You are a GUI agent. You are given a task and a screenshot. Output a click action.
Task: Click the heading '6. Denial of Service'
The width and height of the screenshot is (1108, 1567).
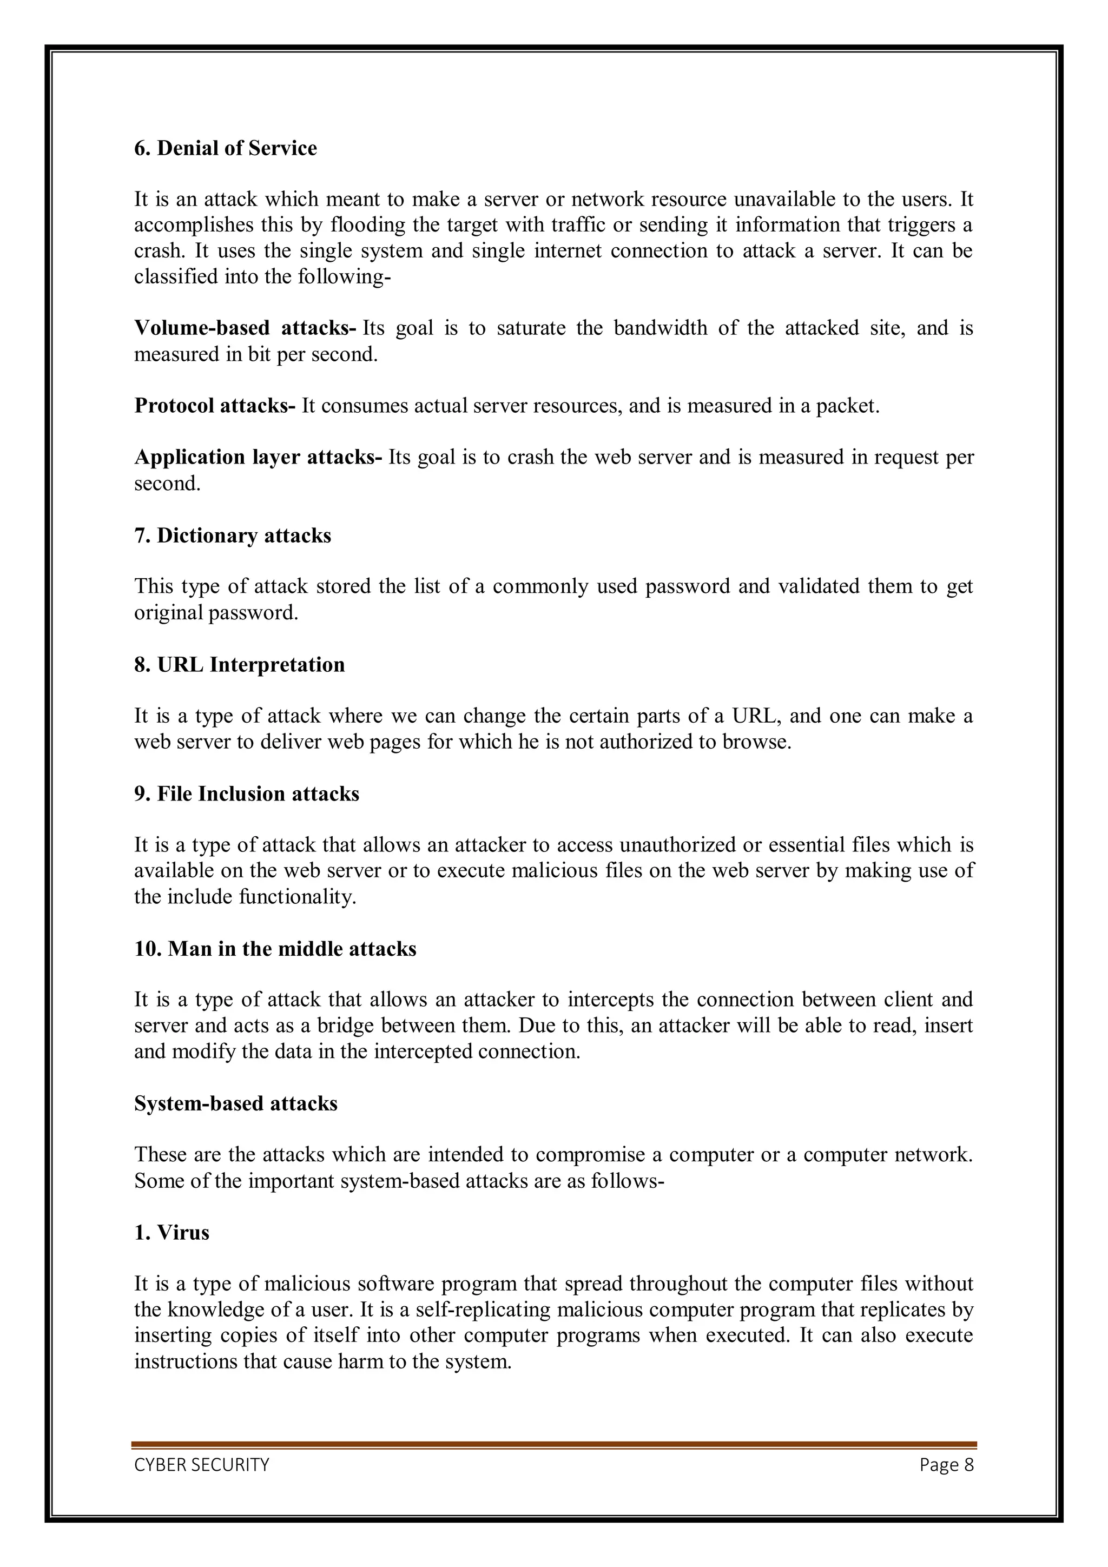[225, 148]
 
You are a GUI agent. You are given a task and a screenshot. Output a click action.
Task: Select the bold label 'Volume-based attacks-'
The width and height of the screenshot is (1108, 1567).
[245, 328]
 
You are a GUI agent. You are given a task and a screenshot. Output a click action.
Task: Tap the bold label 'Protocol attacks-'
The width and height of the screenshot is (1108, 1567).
[214, 406]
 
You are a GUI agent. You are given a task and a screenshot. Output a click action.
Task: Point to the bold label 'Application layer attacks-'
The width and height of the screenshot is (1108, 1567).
[258, 457]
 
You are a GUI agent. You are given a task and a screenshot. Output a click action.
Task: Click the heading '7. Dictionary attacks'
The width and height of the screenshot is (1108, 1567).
[232, 535]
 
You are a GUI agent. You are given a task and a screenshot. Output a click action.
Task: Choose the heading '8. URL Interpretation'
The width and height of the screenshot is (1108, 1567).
[239, 665]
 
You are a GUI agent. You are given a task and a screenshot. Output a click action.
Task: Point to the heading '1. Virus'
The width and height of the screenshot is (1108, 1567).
[172, 1233]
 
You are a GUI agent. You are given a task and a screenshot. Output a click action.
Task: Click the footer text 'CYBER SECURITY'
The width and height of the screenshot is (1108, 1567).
[201, 1465]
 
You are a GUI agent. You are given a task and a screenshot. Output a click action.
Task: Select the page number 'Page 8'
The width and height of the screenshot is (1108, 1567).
[946, 1465]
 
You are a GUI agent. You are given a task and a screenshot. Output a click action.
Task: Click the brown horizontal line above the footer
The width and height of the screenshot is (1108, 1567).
[553, 1444]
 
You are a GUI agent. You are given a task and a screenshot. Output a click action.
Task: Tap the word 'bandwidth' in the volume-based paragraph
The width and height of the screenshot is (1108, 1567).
[660, 328]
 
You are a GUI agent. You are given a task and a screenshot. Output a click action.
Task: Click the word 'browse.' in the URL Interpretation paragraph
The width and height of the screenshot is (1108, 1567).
[764, 742]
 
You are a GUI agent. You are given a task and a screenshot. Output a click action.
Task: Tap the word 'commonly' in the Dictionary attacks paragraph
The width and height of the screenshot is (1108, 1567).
[540, 586]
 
